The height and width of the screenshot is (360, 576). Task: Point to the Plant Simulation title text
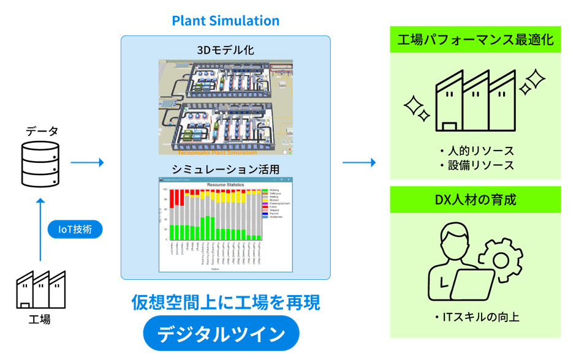(x=225, y=21)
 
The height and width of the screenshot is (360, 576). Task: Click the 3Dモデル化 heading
(x=225, y=49)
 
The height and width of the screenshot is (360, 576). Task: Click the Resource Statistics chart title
(x=225, y=184)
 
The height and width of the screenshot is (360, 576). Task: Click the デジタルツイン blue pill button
(x=221, y=334)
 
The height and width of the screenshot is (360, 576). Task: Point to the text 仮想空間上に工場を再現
(x=225, y=302)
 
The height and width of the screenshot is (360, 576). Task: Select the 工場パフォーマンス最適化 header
(x=476, y=40)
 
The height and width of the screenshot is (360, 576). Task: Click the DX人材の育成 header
(x=476, y=200)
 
